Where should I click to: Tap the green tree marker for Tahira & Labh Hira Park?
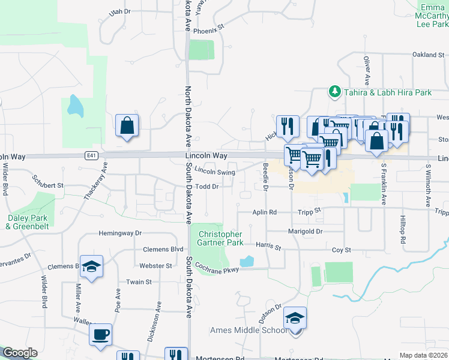(x=334, y=92)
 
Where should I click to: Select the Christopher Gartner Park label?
(x=221, y=238)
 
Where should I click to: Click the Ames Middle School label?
(x=249, y=330)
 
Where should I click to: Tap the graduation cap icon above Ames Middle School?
(x=295, y=318)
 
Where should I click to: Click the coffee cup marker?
(x=100, y=334)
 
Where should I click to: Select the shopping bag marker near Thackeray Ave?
(x=127, y=126)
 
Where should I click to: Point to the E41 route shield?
(x=91, y=155)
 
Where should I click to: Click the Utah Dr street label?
(x=119, y=11)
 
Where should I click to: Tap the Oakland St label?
(x=427, y=55)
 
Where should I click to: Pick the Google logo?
(x=20, y=353)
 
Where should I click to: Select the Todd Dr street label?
(x=206, y=187)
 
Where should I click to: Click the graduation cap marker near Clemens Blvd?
(x=91, y=267)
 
